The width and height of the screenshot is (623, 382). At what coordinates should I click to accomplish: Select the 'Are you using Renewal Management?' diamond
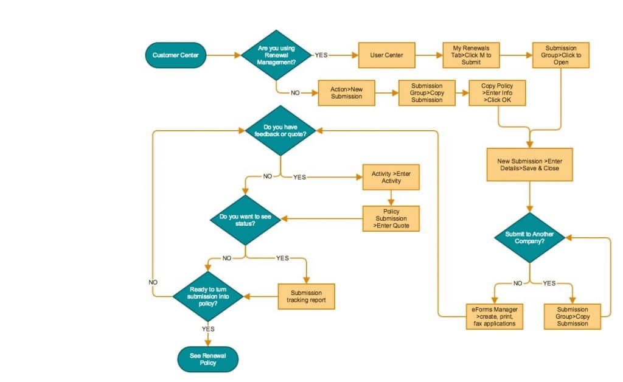[277, 55]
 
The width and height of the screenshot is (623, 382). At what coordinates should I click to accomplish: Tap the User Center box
[386, 55]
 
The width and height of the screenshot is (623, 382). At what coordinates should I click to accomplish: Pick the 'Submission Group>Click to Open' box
[561, 55]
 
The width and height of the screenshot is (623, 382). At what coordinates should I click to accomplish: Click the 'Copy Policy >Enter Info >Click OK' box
[497, 93]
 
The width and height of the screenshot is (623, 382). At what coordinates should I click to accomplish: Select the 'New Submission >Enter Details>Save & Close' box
[529, 164]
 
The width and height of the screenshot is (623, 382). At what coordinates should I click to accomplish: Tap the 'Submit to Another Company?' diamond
[529, 237]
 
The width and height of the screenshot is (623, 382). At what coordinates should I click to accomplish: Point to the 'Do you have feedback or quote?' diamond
[280, 131]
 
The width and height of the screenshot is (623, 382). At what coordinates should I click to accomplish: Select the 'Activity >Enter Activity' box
[391, 178]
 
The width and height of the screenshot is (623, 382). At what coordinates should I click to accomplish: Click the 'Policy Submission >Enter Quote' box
[391, 219]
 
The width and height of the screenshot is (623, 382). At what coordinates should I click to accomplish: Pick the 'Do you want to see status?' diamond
[245, 220]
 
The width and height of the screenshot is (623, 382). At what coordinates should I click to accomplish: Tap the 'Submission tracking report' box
[306, 297]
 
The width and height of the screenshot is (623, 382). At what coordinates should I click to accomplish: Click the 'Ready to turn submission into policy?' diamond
[208, 297]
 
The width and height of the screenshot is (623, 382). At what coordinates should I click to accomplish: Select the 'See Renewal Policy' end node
[208, 359]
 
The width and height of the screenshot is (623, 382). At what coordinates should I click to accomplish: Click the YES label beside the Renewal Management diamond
[321, 55]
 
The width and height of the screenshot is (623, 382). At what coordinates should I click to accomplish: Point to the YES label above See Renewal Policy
[208, 328]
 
